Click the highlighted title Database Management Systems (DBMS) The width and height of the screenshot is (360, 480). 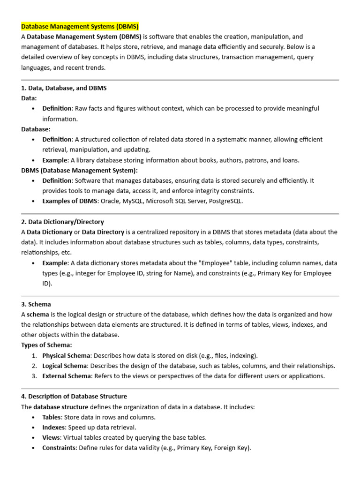[x=80, y=26]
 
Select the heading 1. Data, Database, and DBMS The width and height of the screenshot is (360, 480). [x=64, y=88]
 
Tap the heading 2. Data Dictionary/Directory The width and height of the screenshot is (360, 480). [x=62, y=222]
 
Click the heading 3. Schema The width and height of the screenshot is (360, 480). [x=36, y=304]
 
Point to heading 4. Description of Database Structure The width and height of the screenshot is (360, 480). [x=74, y=397]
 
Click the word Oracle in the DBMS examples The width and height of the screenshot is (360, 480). [x=110, y=202]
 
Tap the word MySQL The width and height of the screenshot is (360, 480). [x=136, y=202]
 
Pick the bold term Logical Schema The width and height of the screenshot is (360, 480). [x=65, y=366]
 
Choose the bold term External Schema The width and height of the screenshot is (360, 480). [x=66, y=376]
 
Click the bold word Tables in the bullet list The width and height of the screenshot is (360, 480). [x=52, y=417]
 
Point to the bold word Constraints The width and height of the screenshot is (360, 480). [x=59, y=448]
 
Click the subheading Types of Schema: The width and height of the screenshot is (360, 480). [x=46, y=345]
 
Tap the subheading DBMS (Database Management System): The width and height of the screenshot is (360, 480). [x=79, y=171]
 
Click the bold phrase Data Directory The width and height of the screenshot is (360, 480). [x=103, y=232]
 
